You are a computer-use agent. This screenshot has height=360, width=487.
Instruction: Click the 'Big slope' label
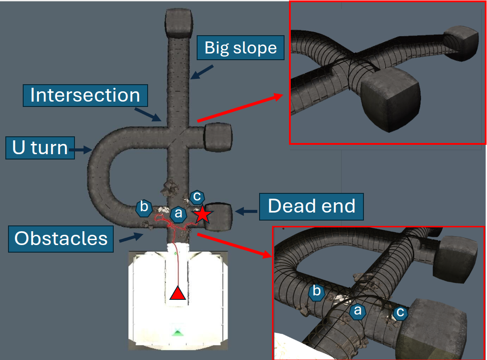[240, 48]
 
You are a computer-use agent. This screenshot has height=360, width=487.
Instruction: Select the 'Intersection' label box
[85, 95]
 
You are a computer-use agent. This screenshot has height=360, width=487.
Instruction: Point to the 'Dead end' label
[311, 206]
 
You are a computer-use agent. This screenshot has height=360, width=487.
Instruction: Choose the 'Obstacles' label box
[61, 238]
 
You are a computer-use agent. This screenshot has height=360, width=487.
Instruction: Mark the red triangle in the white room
[178, 294]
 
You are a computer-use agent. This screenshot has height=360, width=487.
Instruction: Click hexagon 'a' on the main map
[178, 214]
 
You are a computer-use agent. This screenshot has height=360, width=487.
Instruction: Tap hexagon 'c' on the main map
[197, 196]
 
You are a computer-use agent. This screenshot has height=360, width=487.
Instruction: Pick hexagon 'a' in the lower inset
[357, 311]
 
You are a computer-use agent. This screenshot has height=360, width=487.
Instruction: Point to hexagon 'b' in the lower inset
[317, 292]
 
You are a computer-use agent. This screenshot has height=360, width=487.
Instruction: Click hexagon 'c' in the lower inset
[400, 313]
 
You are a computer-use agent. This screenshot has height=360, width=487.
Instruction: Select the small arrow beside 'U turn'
[81, 151]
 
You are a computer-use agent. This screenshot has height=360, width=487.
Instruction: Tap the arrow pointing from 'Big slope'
[202, 72]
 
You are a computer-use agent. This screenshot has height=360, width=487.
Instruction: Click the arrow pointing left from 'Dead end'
[246, 211]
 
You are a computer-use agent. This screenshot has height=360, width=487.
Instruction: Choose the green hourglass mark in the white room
[178, 331]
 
